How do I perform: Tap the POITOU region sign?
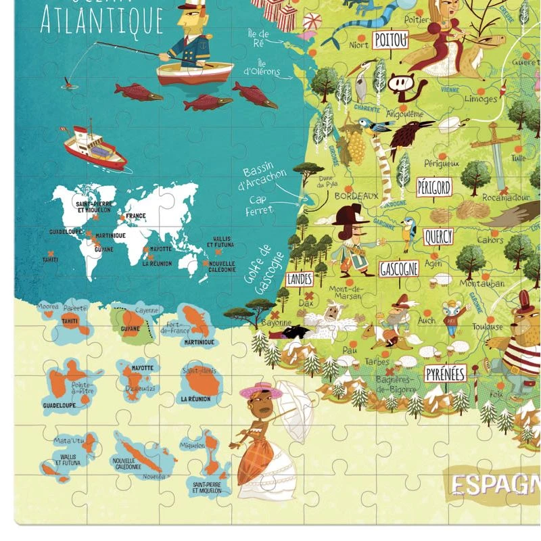click(x=391, y=40)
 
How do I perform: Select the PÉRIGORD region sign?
click(x=434, y=187)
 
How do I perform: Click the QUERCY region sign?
click(x=438, y=237)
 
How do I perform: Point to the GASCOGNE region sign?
click(x=399, y=268)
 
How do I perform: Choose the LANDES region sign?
click(x=300, y=279)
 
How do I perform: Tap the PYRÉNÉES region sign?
click(x=446, y=373)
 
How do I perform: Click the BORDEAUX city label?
click(x=356, y=196)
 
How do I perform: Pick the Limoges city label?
click(x=481, y=99)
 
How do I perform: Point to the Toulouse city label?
click(x=488, y=327)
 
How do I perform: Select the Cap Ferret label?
click(x=260, y=205)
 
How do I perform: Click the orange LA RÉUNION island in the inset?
click(x=198, y=383)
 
